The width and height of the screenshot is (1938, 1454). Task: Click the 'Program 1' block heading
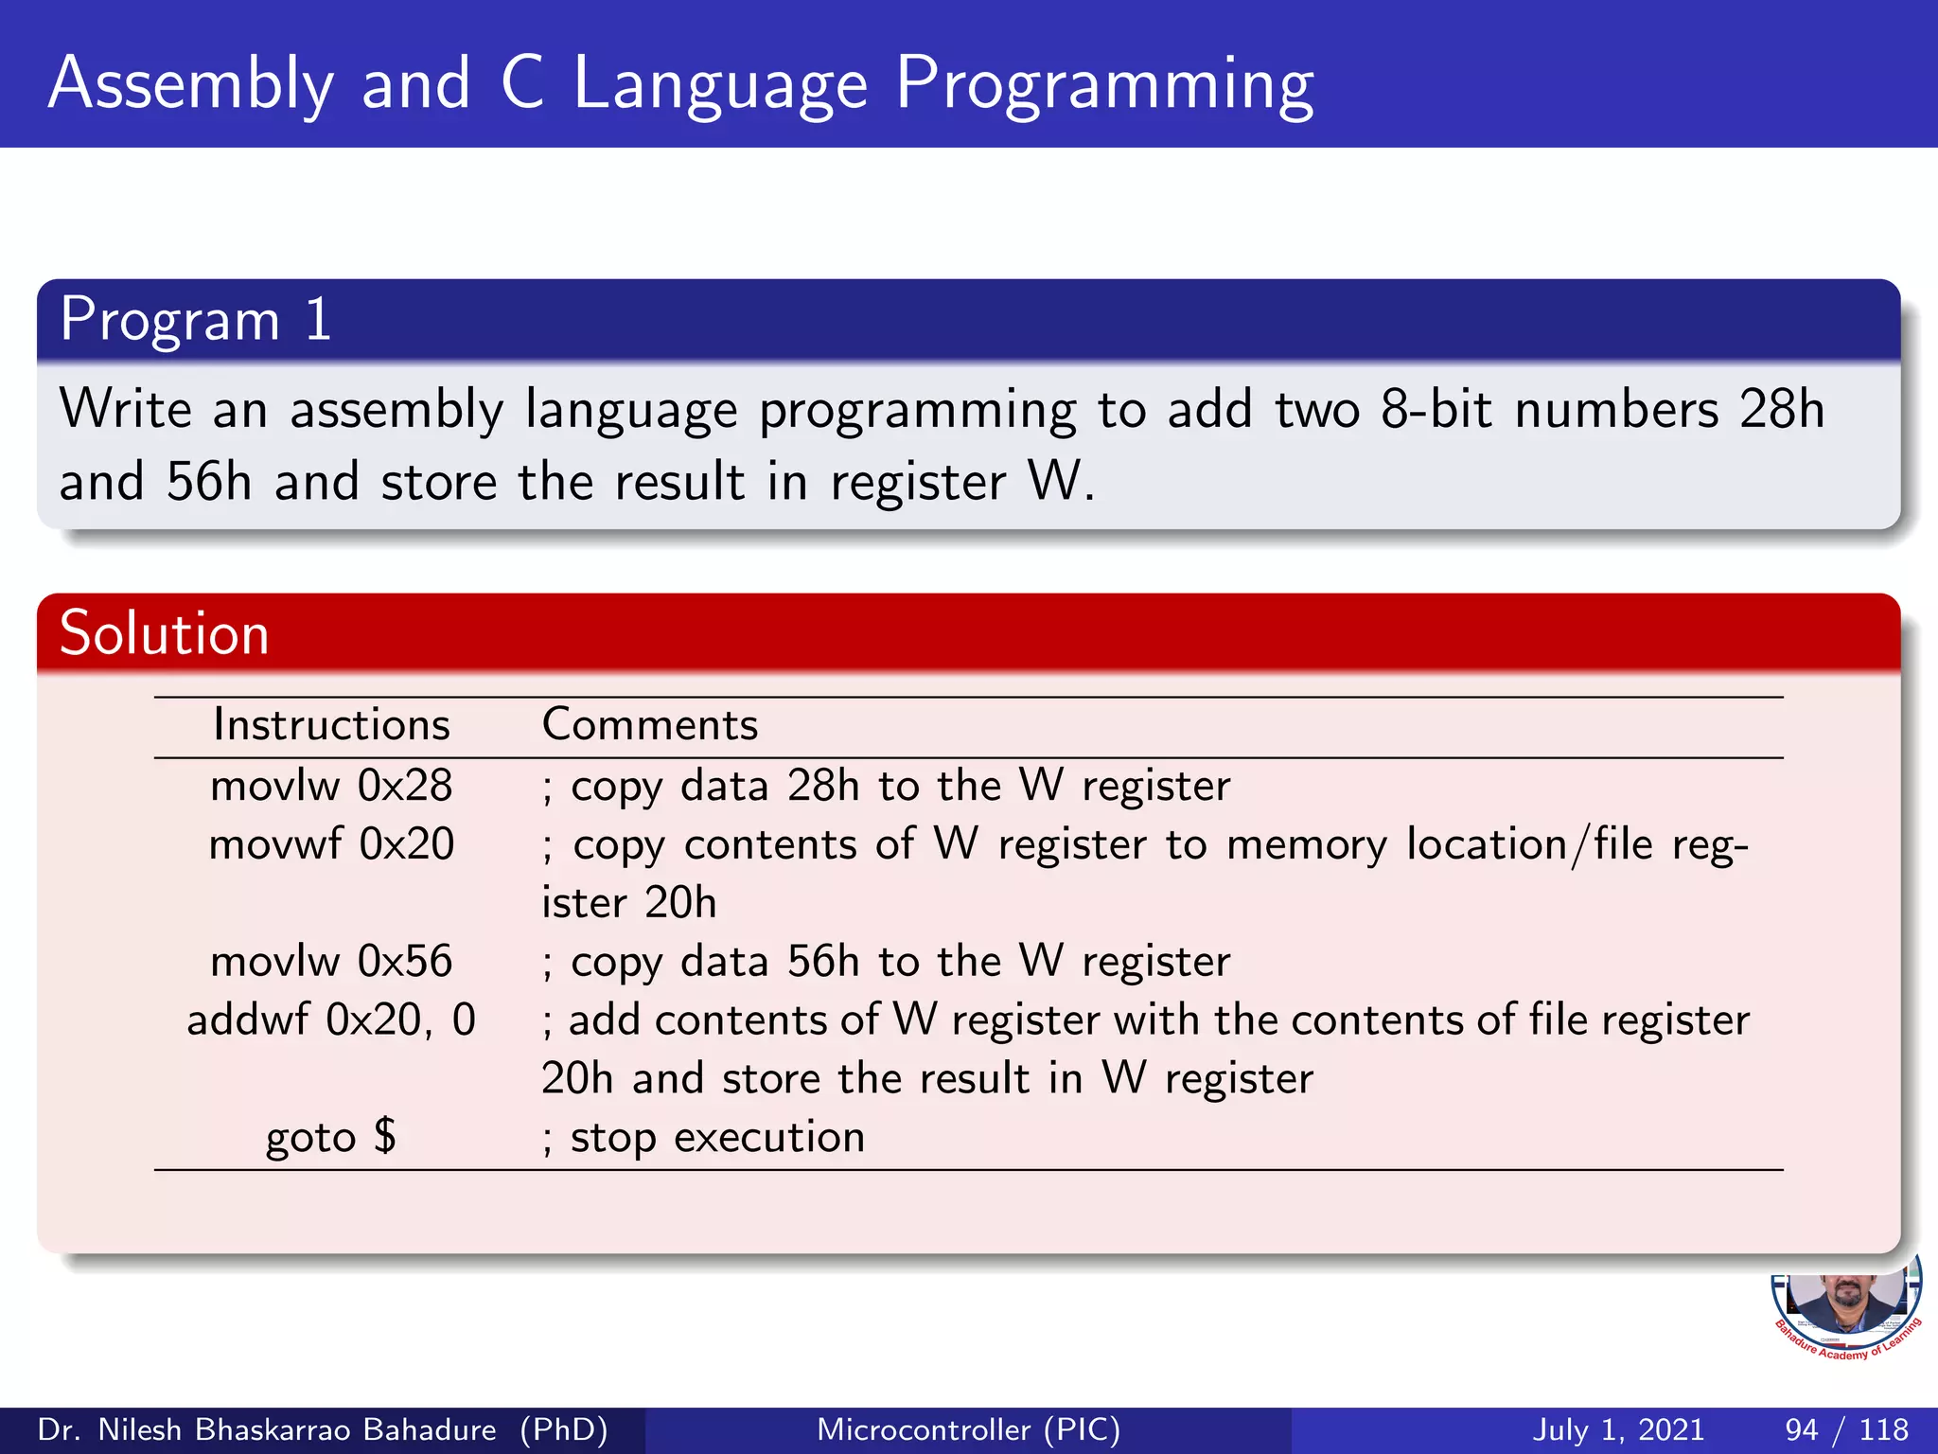click(196, 320)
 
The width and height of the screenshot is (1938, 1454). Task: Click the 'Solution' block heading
click(165, 633)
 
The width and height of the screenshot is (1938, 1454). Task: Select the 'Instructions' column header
click(331, 725)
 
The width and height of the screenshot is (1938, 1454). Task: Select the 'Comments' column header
click(650, 725)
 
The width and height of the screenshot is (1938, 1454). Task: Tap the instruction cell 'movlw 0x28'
click(331, 787)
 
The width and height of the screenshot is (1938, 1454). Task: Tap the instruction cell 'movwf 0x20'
click(331, 844)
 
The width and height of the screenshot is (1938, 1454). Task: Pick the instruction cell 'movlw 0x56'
click(331, 962)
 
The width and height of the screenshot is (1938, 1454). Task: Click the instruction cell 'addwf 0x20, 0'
click(331, 1020)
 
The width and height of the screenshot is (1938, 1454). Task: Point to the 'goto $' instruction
click(331, 1137)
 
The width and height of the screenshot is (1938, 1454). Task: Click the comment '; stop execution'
click(703, 1137)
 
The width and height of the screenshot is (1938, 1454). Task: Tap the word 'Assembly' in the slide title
click(191, 85)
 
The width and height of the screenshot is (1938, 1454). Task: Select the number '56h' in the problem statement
click(209, 482)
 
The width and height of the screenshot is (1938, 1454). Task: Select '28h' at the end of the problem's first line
click(1782, 410)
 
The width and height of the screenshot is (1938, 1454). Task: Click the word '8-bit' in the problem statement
click(1436, 410)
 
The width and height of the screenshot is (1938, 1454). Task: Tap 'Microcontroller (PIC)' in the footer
click(968, 1429)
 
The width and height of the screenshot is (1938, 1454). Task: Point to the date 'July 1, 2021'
click(1617, 1429)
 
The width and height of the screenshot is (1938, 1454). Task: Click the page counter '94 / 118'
click(1846, 1429)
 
